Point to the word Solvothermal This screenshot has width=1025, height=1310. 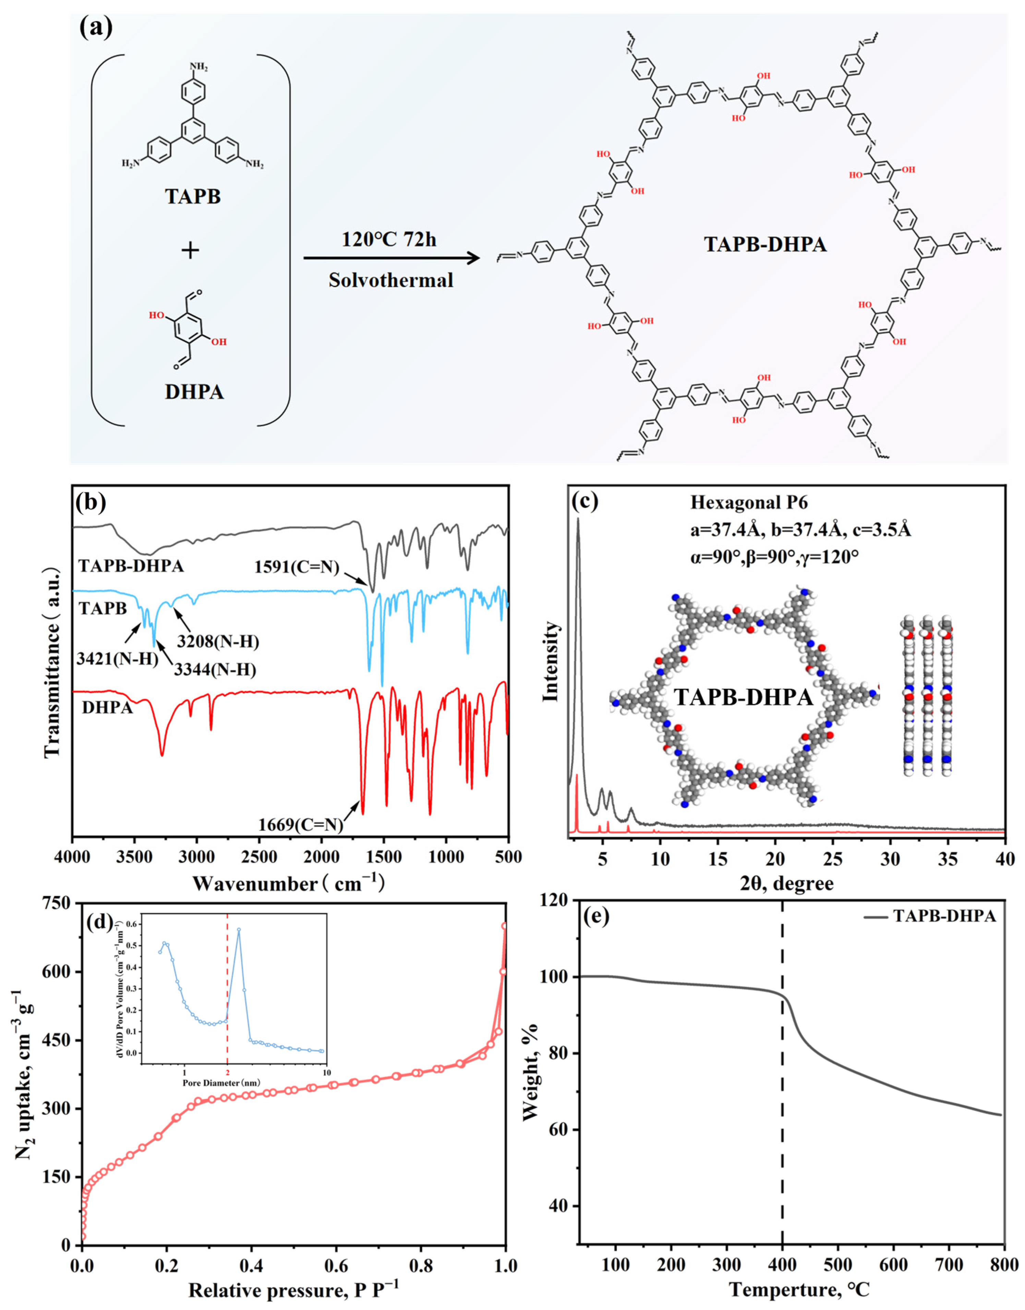391,280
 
